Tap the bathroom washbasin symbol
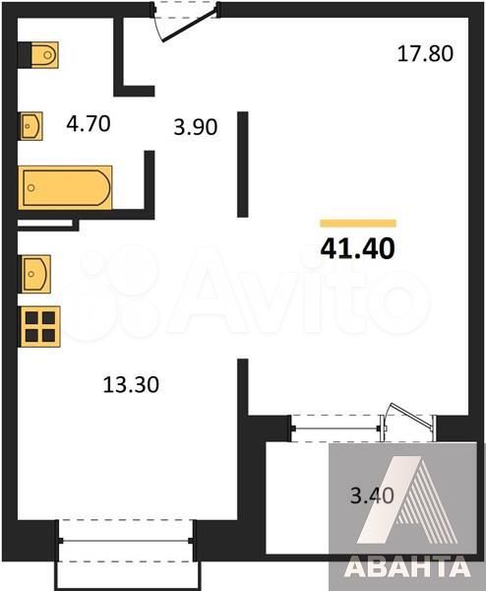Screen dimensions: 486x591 tap(31, 126)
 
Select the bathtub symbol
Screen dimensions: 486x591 tap(65, 187)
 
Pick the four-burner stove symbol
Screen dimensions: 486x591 tap(40, 326)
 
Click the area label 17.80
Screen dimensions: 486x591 tap(425, 53)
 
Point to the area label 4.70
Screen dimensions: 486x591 tap(89, 124)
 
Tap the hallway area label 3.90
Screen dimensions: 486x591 tap(196, 127)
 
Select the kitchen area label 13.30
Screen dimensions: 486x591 tap(131, 385)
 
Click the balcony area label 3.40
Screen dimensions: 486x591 tap(372, 495)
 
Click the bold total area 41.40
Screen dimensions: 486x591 tap(357, 249)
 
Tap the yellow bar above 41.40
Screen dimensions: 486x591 tap(358, 224)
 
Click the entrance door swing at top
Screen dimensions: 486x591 tap(188, 27)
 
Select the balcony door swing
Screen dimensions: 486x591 tap(408, 419)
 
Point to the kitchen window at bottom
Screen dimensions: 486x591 tap(126, 541)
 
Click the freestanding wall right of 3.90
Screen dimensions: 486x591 tap(242, 164)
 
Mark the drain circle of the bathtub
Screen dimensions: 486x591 tap(31, 187)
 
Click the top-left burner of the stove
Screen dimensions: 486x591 tap(31, 318)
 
